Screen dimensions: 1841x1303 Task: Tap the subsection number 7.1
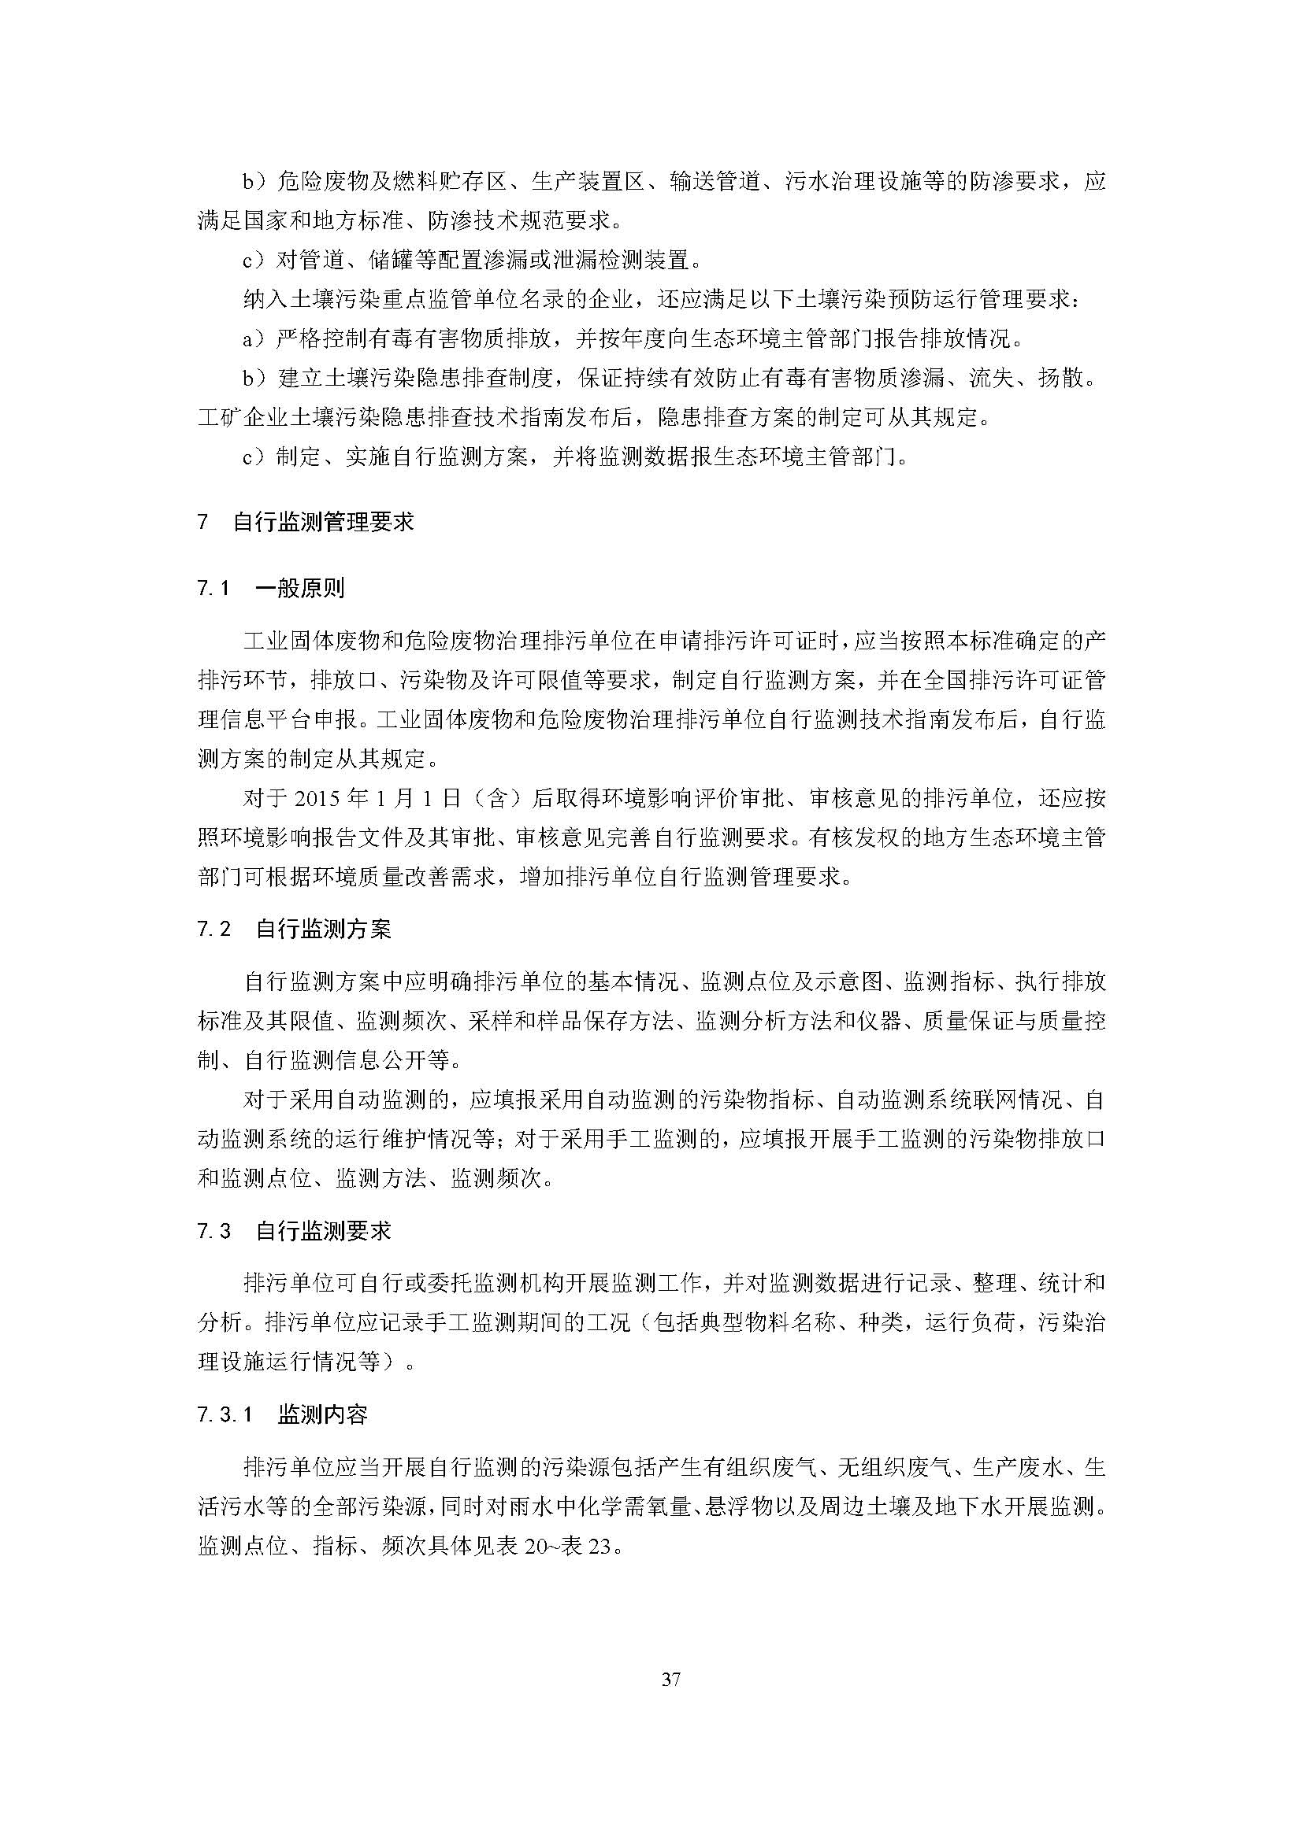pos(213,589)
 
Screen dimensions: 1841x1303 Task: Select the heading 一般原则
pos(299,589)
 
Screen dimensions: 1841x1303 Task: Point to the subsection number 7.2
pos(213,930)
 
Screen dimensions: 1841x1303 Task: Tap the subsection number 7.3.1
pos(225,1414)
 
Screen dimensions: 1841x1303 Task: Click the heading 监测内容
pos(322,1414)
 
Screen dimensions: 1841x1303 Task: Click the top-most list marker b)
pos(255,181)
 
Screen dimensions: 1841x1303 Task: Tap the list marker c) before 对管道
pos(255,260)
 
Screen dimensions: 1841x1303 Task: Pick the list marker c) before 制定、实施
pos(255,457)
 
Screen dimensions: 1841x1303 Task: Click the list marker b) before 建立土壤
pos(255,378)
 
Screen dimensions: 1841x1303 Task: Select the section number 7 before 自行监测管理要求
pos(202,522)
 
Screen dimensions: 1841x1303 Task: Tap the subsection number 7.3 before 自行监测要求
pos(213,1231)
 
